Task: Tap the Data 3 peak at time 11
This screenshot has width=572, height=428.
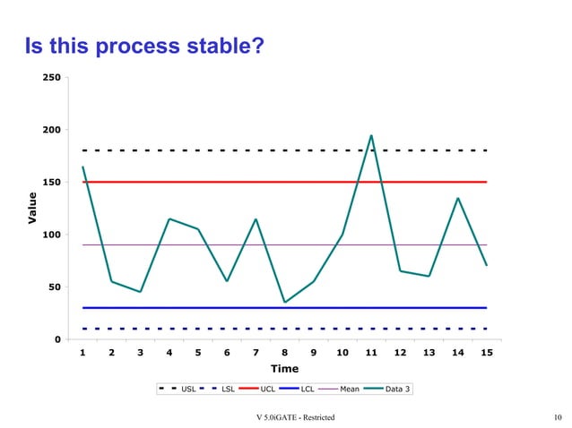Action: click(x=371, y=136)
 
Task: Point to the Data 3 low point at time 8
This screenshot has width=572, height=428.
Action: click(x=284, y=302)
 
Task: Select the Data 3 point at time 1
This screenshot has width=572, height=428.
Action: click(x=83, y=167)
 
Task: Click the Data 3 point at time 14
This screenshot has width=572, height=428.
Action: click(x=457, y=198)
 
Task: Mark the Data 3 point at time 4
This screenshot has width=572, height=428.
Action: click(x=169, y=218)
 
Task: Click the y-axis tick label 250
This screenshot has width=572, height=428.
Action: click(x=52, y=78)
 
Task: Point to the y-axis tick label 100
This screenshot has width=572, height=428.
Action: click(x=52, y=235)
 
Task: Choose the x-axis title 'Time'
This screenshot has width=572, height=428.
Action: click(x=284, y=369)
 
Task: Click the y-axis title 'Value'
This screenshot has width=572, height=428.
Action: click(x=32, y=208)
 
